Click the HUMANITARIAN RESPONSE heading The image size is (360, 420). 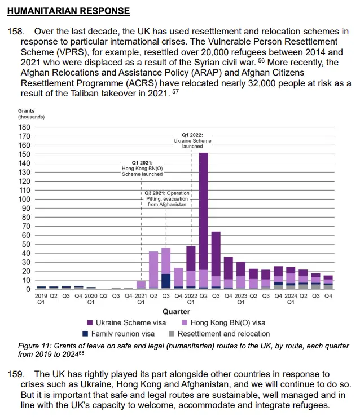(x=69, y=11)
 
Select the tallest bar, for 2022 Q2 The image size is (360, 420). (x=204, y=221)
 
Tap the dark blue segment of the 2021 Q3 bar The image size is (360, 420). (x=166, y=281)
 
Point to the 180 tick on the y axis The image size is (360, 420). (x=24, y=127)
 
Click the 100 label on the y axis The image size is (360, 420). (x=24, y=199)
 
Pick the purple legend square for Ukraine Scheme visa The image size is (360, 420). (x=90, y=322)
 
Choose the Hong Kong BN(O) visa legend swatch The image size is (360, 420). (x=185, y=322)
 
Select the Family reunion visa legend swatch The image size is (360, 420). (x=85, y=334)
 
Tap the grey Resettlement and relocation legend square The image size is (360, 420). (x=172, y=334)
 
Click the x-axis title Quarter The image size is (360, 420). (x=177, y=312)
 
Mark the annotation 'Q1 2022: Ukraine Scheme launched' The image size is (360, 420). (x=192, y=140)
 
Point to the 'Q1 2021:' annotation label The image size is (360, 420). (x=142, y=163)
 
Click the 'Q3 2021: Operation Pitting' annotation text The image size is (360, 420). (x=167, y=199)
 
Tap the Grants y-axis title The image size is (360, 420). (x=27, y=111)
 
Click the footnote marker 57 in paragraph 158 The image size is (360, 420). (x=175, y=91)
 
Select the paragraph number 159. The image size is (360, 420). (x=16, y=374)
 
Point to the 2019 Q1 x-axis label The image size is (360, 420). (x=41, y=299)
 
